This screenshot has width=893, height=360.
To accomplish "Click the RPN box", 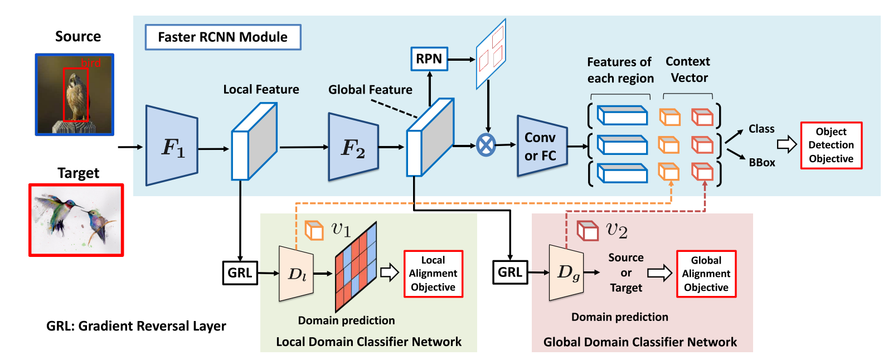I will coord(429,59).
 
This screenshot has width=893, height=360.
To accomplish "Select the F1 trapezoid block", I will coord(172,146).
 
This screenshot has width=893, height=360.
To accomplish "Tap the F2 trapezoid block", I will coord(353,148).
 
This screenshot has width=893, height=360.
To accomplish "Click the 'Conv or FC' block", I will coord(541,146).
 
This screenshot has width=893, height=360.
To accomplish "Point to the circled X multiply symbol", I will coord(486,145).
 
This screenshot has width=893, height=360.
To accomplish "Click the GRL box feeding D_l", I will coord(240,273).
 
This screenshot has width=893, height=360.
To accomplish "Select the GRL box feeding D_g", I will coord(510,273).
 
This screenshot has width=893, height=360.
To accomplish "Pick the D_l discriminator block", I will coord(297,273).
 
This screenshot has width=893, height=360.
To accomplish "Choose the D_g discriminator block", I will coord(567,272).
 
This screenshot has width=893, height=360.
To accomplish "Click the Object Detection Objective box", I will coord(831,145).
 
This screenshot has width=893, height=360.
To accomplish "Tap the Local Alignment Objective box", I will coord(433,274).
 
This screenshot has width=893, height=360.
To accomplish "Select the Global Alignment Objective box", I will coord(706,274).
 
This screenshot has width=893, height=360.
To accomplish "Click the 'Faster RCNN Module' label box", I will coord(223,37).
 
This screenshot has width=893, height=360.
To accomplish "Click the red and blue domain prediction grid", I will coord(356,266).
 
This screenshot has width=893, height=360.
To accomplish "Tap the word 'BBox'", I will coord(762,163).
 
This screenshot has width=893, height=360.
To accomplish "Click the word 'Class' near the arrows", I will coord(761,129).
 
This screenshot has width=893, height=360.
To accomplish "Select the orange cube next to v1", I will coord(314,230).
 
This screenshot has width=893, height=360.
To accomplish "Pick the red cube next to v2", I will coord(587,230).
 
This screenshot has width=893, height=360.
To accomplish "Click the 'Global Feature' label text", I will coord(370,90).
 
